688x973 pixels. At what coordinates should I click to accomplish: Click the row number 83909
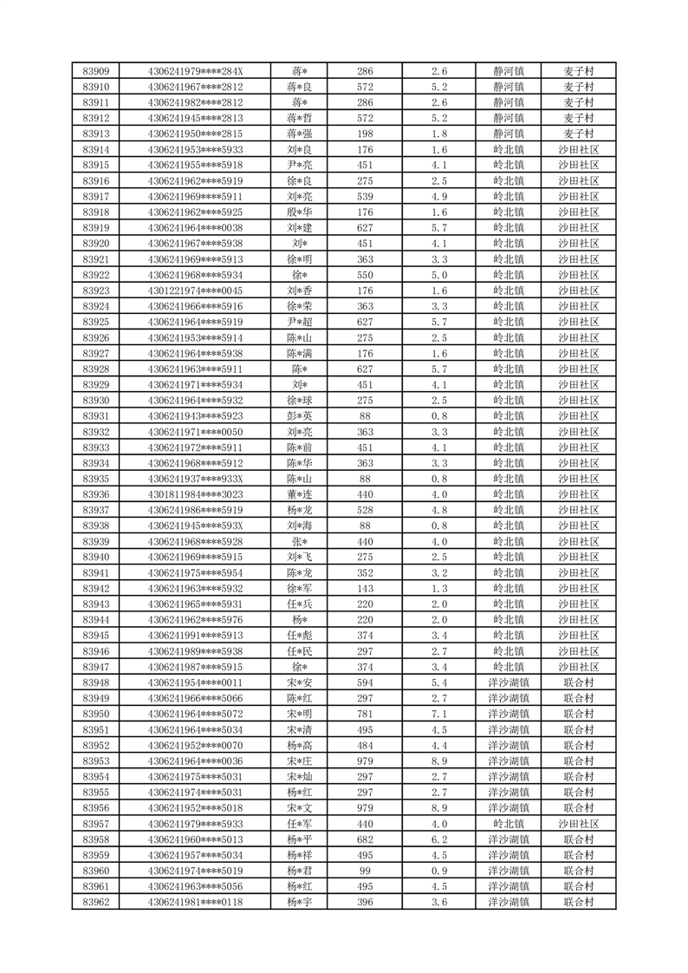click(x=95, y=71)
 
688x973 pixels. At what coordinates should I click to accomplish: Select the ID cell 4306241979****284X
click(x=196, y=71)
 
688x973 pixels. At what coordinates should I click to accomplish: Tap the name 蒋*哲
click(x=301, y=118)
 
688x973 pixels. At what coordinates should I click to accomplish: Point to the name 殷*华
click(x=301, y=212)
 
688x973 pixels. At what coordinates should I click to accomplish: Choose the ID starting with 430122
click(x=196, y=291)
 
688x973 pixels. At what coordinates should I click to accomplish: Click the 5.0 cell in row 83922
click(x=438, y=275)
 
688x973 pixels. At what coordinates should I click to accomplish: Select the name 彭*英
click(x=301, y=416)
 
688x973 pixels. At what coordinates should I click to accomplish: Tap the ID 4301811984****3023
click(x=196, y=494)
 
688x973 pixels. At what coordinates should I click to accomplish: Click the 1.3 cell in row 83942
click(x=438, y=589)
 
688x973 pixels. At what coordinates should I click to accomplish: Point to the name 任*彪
click(x=301, y=636)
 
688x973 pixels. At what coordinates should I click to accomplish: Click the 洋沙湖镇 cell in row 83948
click(x=509, y=682)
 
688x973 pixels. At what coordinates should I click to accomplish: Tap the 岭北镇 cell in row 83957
click(x=509, y=824)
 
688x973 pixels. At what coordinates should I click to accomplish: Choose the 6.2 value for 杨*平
click(x=438, y=839)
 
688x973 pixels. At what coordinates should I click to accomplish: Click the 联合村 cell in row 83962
click(x=578, y=902)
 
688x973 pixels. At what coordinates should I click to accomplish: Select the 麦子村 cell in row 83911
click(x=578, y=102)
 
